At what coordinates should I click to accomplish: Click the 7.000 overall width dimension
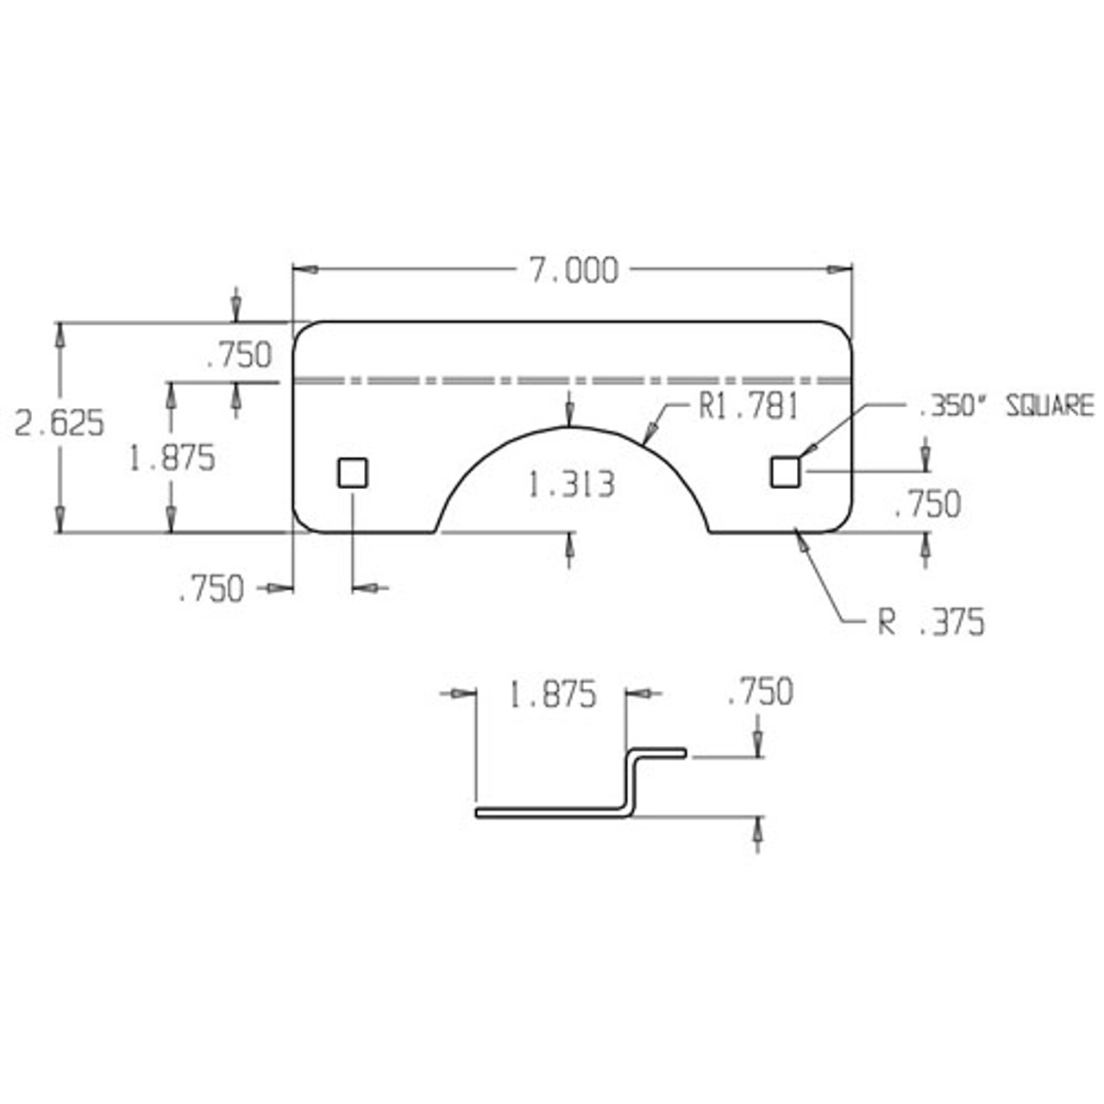click(573, 271)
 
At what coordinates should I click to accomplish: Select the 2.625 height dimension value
click(60, 423)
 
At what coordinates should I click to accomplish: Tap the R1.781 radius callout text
click(749, 406)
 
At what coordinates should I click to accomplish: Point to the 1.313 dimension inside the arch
click(571, 485)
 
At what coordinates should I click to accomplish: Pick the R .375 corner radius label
click(931, 622)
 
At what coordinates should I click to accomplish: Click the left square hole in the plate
click(353, 473)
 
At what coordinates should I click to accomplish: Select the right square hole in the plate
click(785, 473)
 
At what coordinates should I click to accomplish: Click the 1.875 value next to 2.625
click(172, 458)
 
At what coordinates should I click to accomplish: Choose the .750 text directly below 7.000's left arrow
click(239, 354)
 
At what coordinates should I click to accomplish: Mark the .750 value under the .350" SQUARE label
click(927, 504)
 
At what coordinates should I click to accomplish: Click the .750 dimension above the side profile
click(760, 692)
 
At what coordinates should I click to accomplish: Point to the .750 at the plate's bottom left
click(211, 590)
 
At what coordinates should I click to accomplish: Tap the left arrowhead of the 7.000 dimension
click(305, 270)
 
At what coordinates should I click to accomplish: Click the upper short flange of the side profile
click(659, 753)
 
